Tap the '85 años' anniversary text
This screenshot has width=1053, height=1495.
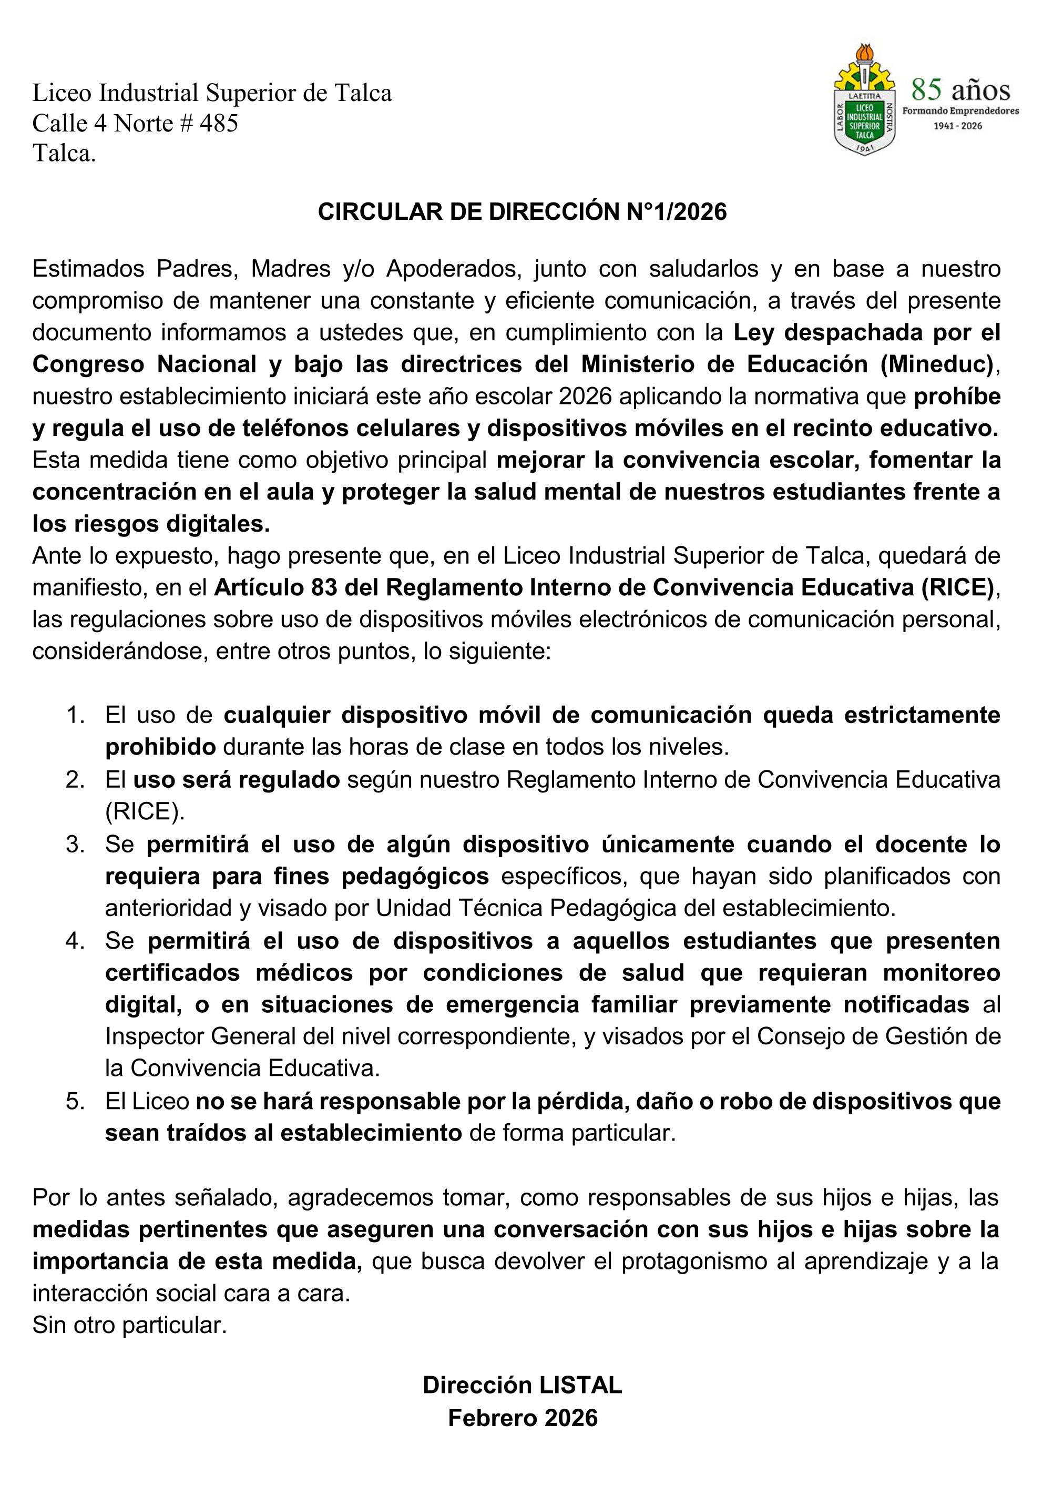pyautogui.click(x=960, y=90)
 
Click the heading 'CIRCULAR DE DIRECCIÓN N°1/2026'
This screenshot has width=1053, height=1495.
pyautogui.click(x=522, y=212)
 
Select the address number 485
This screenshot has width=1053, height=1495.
pyautogui.click(x=219, y=123)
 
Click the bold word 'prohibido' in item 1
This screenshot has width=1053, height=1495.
pyautogui.click(x=161, y=747)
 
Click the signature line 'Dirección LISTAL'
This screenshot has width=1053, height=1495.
pyautogui.click(x=522, y=1385)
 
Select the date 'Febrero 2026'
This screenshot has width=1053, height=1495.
pyautogui.click(x=523, y=1418)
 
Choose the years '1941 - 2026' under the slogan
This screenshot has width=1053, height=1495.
pyautogui.click(x=957, y=126)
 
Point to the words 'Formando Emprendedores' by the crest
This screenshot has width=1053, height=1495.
pyautogui.click(x=960, y=111)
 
